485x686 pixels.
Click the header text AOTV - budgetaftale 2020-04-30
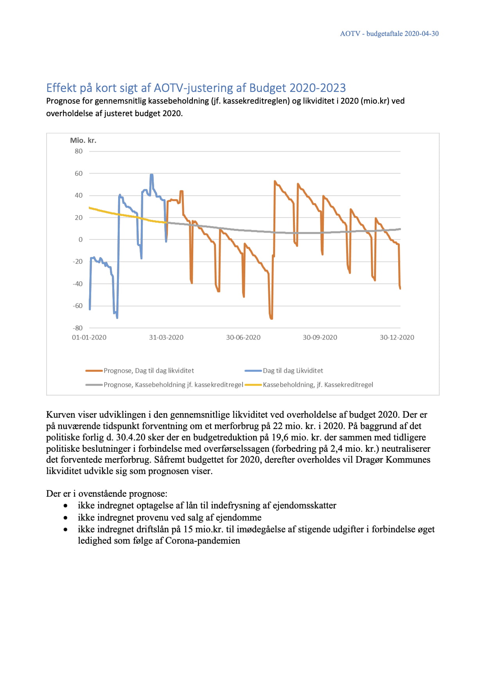pos(389,34)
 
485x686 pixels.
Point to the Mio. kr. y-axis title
pos(83,140)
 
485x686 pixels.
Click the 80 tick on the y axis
pos(79,151)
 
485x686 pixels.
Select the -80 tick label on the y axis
pos(77,328)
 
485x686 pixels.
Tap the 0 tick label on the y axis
pos(81,240)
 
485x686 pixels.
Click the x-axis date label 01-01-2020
pos(89,338)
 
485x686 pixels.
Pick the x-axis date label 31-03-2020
pos(166,338)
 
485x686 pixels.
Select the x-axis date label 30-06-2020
pos(243,338)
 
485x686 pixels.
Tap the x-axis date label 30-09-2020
pos(320,338)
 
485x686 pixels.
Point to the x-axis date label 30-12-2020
pos(397,338)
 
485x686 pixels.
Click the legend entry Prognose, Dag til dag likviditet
pos(149,371)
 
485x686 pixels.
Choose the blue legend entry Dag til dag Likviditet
pos(293,371)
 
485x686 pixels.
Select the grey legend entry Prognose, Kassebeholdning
pos(173,385)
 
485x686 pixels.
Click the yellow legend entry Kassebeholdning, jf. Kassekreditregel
pos(318,385)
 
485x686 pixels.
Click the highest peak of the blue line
pos(151,175)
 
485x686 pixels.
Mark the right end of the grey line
pos(400,229)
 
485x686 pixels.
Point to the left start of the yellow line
pos(90,208)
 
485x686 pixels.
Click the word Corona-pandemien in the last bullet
pos(203,541)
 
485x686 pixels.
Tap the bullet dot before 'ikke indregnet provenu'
pos(65,518)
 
